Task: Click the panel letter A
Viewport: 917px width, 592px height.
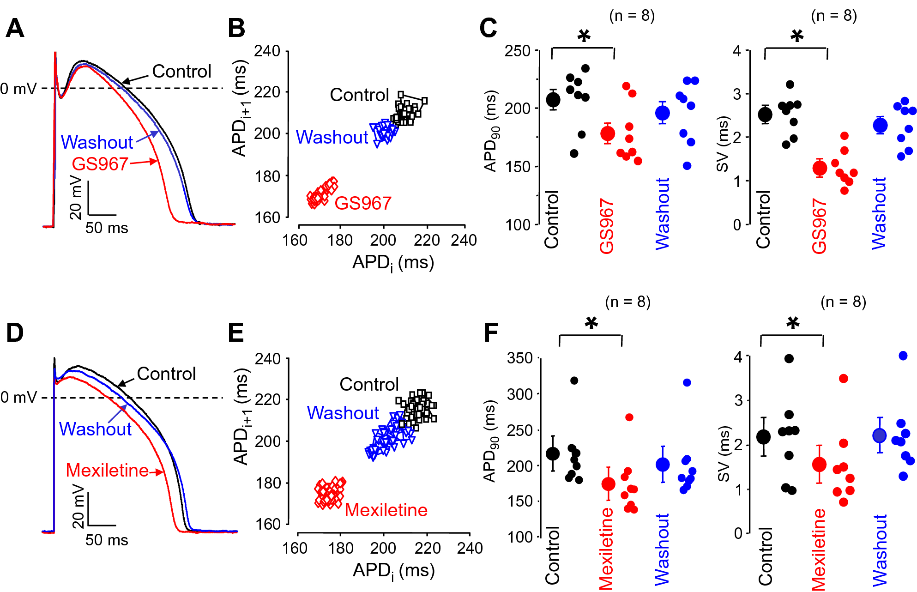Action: (x=15, y=29)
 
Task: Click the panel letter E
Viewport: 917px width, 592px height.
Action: (x=236, y=332)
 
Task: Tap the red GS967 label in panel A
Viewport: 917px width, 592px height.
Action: (x=100, y=164)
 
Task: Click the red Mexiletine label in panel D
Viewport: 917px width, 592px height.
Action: (x=107, y=471)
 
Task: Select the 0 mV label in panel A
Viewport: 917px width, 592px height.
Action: (x=18, y=89)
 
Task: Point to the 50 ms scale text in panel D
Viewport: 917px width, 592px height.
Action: (x=107, y=540)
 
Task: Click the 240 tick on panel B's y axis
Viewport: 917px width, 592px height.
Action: (x=267, y=51)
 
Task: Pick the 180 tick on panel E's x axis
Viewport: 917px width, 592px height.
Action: (x=340, y=548)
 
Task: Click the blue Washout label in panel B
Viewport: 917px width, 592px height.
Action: (x=332, y=138)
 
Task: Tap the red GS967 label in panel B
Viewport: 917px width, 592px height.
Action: (x=363, y=203)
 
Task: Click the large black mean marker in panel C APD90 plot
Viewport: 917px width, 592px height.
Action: (x=553, y=100)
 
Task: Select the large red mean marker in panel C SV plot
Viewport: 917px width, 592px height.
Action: (x=820, y=168)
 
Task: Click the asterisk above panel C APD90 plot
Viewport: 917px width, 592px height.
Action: (x=584, y=36)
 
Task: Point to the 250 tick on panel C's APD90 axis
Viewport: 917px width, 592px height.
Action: (x=518, y=51)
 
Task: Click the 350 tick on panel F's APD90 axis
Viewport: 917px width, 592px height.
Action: (x=520, y=358)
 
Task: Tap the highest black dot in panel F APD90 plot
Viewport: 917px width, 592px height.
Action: (x=574, y=381)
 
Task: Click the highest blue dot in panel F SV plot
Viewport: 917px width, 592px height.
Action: (x=903, y=356)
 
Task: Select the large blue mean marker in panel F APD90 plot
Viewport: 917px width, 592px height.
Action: (x=663, y=465)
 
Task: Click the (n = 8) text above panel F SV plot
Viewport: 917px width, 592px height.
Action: (x=843, y=302)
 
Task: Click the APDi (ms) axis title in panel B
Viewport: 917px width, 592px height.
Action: (x=393, y=263)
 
